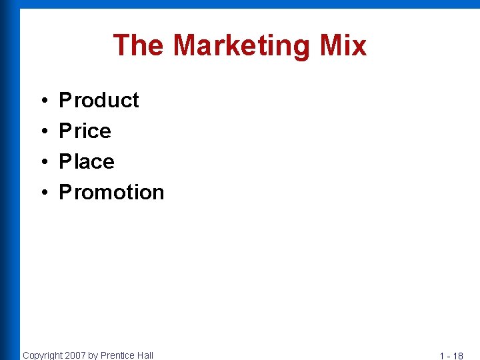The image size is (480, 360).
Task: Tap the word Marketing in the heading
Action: pos(241,46)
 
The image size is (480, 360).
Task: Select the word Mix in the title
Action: pos(343,45)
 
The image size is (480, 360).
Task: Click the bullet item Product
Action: pos(99,100)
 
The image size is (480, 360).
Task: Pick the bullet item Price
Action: pos(85,131)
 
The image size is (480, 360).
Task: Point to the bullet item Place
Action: pos(87,161)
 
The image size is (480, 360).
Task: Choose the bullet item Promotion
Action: pos(111,192)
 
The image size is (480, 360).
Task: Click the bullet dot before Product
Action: pos(43,101)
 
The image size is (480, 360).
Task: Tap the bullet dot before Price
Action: pos(43,131)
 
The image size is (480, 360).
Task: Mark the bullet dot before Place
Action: pos(43,162)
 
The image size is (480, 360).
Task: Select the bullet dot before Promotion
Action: pos(43,193)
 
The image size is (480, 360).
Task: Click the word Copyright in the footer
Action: pos(43,355)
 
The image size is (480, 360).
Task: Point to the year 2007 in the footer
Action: pos(75,355)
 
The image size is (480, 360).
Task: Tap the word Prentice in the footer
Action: pos(117,355)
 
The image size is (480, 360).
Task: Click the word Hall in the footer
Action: pos(145,355)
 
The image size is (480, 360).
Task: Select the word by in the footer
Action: pos(93,355)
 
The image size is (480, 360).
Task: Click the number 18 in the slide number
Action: pos(458,356)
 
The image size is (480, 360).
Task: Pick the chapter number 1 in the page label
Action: pos(442,356)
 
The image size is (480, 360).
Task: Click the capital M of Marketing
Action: pos(184,45)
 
